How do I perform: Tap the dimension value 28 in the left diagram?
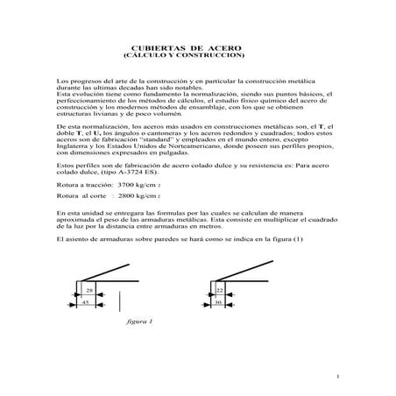pyautogui.click(x=89, y=289)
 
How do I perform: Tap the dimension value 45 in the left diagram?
pyautogui.click(x=87, y=302)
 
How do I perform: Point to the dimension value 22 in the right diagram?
pyautogui.click(x=219, y=288)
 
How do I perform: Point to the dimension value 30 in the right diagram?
pyautogui.click(x=218, y=302)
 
